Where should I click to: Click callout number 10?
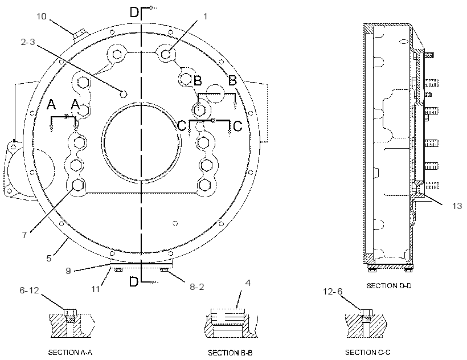tap(42, 16)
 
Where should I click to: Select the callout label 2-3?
tap(28, 42)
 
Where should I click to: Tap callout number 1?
tap(205, 17)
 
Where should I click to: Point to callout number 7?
tap(24, 235)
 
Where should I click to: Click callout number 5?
tap(49, 258)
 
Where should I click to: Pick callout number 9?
tap(68, 271)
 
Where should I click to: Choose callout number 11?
tap(95, 289)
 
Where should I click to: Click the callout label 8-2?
tap(197, 287)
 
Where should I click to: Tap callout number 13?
tap(457, 206)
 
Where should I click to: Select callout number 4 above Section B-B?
tap(248, 283)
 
